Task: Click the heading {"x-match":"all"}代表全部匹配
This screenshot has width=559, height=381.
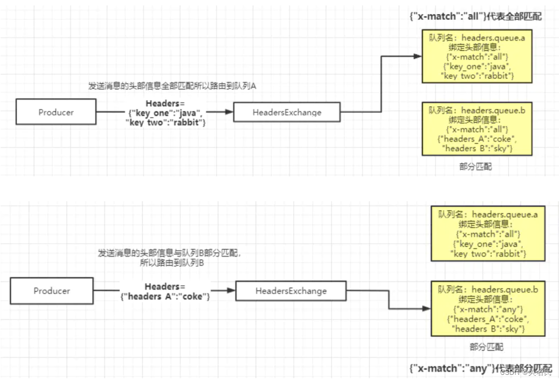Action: [475, 17]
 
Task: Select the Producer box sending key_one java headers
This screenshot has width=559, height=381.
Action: [56, 112]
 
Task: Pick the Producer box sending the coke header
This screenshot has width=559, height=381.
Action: [52, 291]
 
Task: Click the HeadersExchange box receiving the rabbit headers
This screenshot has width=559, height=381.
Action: [287, 112]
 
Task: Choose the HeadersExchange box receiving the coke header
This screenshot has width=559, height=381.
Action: [291, 291]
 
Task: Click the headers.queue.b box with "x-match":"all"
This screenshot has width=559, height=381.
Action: [477, 129]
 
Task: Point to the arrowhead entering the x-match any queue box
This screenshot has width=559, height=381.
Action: [427, 309]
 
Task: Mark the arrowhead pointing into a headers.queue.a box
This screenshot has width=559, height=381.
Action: [419, 57]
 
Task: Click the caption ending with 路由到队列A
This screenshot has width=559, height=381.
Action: [172, 86]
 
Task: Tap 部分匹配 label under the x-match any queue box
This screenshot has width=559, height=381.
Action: [486, 347]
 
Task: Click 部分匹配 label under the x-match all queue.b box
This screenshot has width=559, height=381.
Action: [476, 167]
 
